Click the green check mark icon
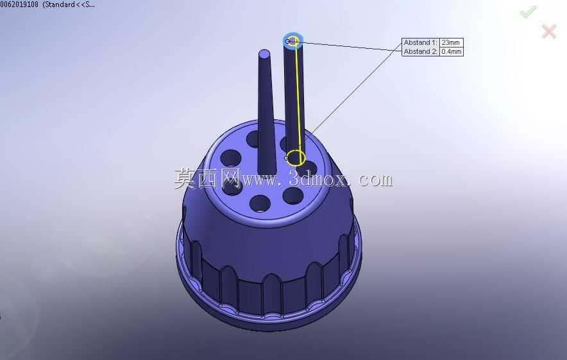pos(529,12)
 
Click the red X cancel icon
pos(549,31)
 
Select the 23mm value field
pos(451,42)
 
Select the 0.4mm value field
pos(452,51)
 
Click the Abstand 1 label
pos(420,42)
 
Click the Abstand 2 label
pos(420,51)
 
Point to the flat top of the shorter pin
pos(264,54)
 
